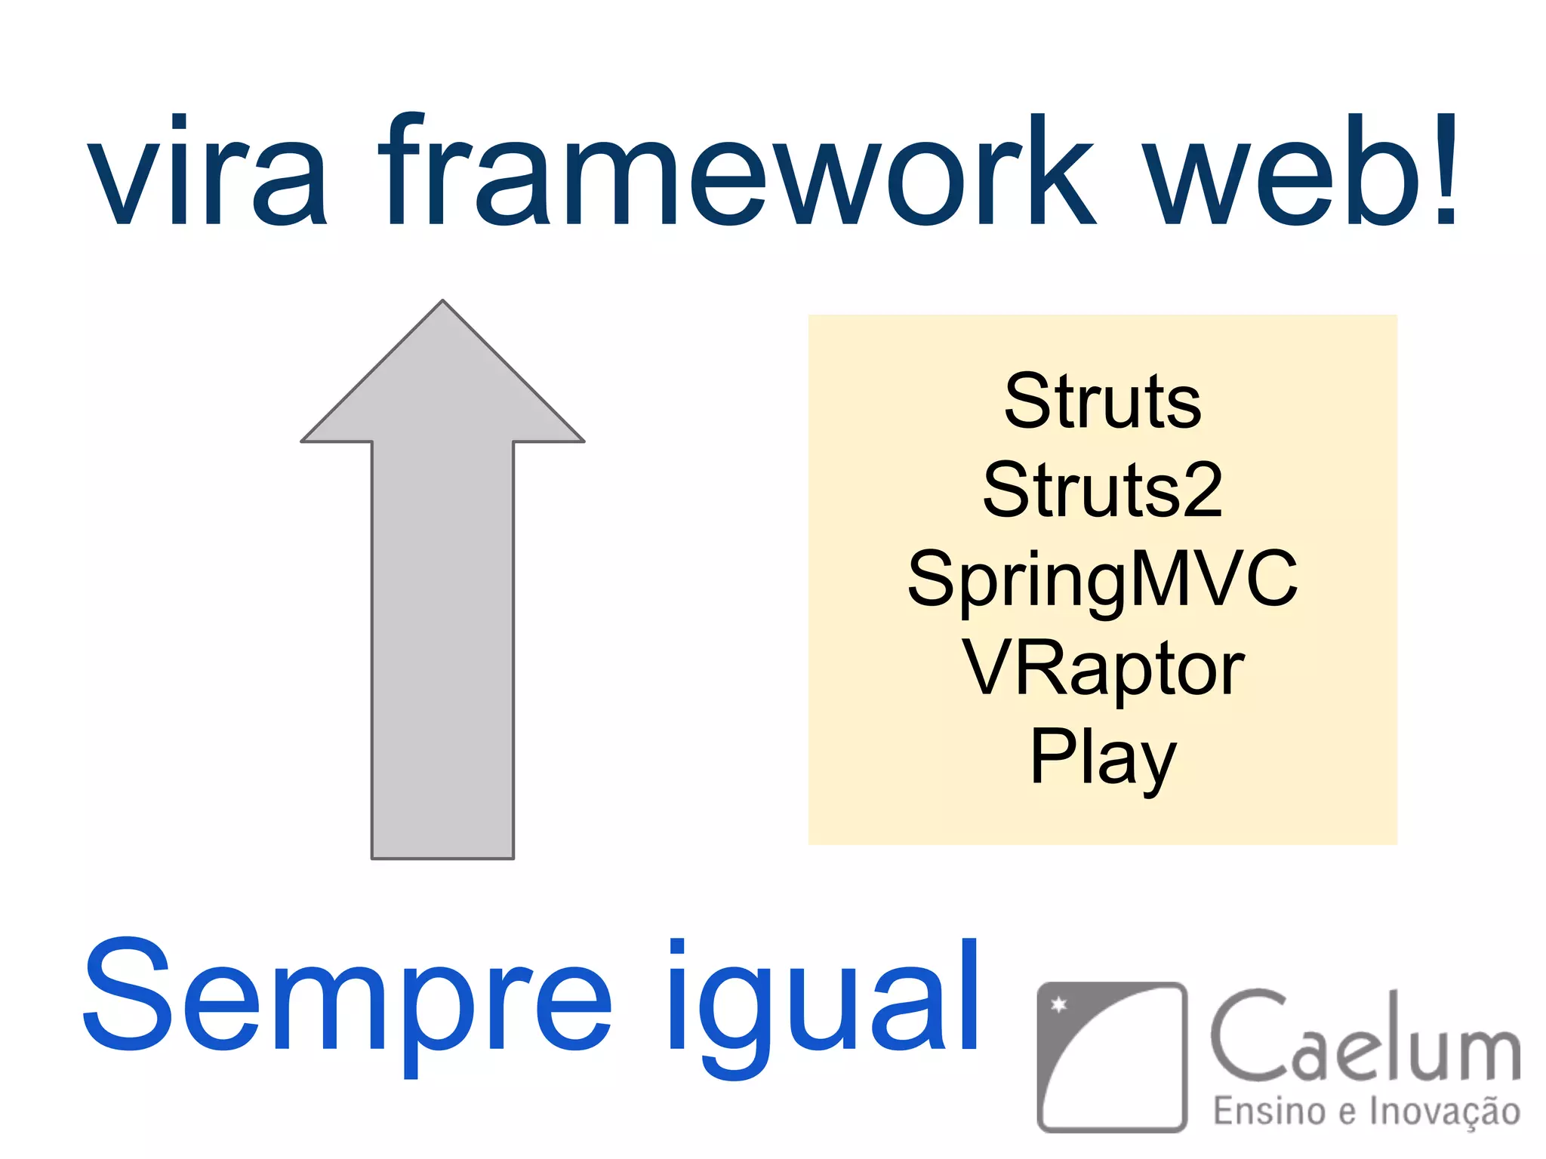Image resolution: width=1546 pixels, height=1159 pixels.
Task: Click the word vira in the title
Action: pos(208,172)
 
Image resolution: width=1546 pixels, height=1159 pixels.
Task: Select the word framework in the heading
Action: pos(736,172)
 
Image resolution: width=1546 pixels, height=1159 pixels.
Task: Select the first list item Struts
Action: pos(1102,402)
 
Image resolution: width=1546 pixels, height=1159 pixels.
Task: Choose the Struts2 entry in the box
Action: pos(1102,491)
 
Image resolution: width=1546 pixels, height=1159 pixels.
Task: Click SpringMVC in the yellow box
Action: pos(1102,579)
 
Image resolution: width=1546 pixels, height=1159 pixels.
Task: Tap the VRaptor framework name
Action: pos(1102,669)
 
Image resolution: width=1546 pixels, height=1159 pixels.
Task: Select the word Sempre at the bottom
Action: pos(347,996)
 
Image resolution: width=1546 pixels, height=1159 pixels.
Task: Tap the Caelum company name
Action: pos(1365,1038)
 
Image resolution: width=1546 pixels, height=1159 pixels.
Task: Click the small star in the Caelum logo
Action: pos(1059,1004)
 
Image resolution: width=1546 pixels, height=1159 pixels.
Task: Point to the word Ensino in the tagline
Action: pos(1268,1111)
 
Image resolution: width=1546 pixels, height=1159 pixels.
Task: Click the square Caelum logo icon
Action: pos(1111,1056)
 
